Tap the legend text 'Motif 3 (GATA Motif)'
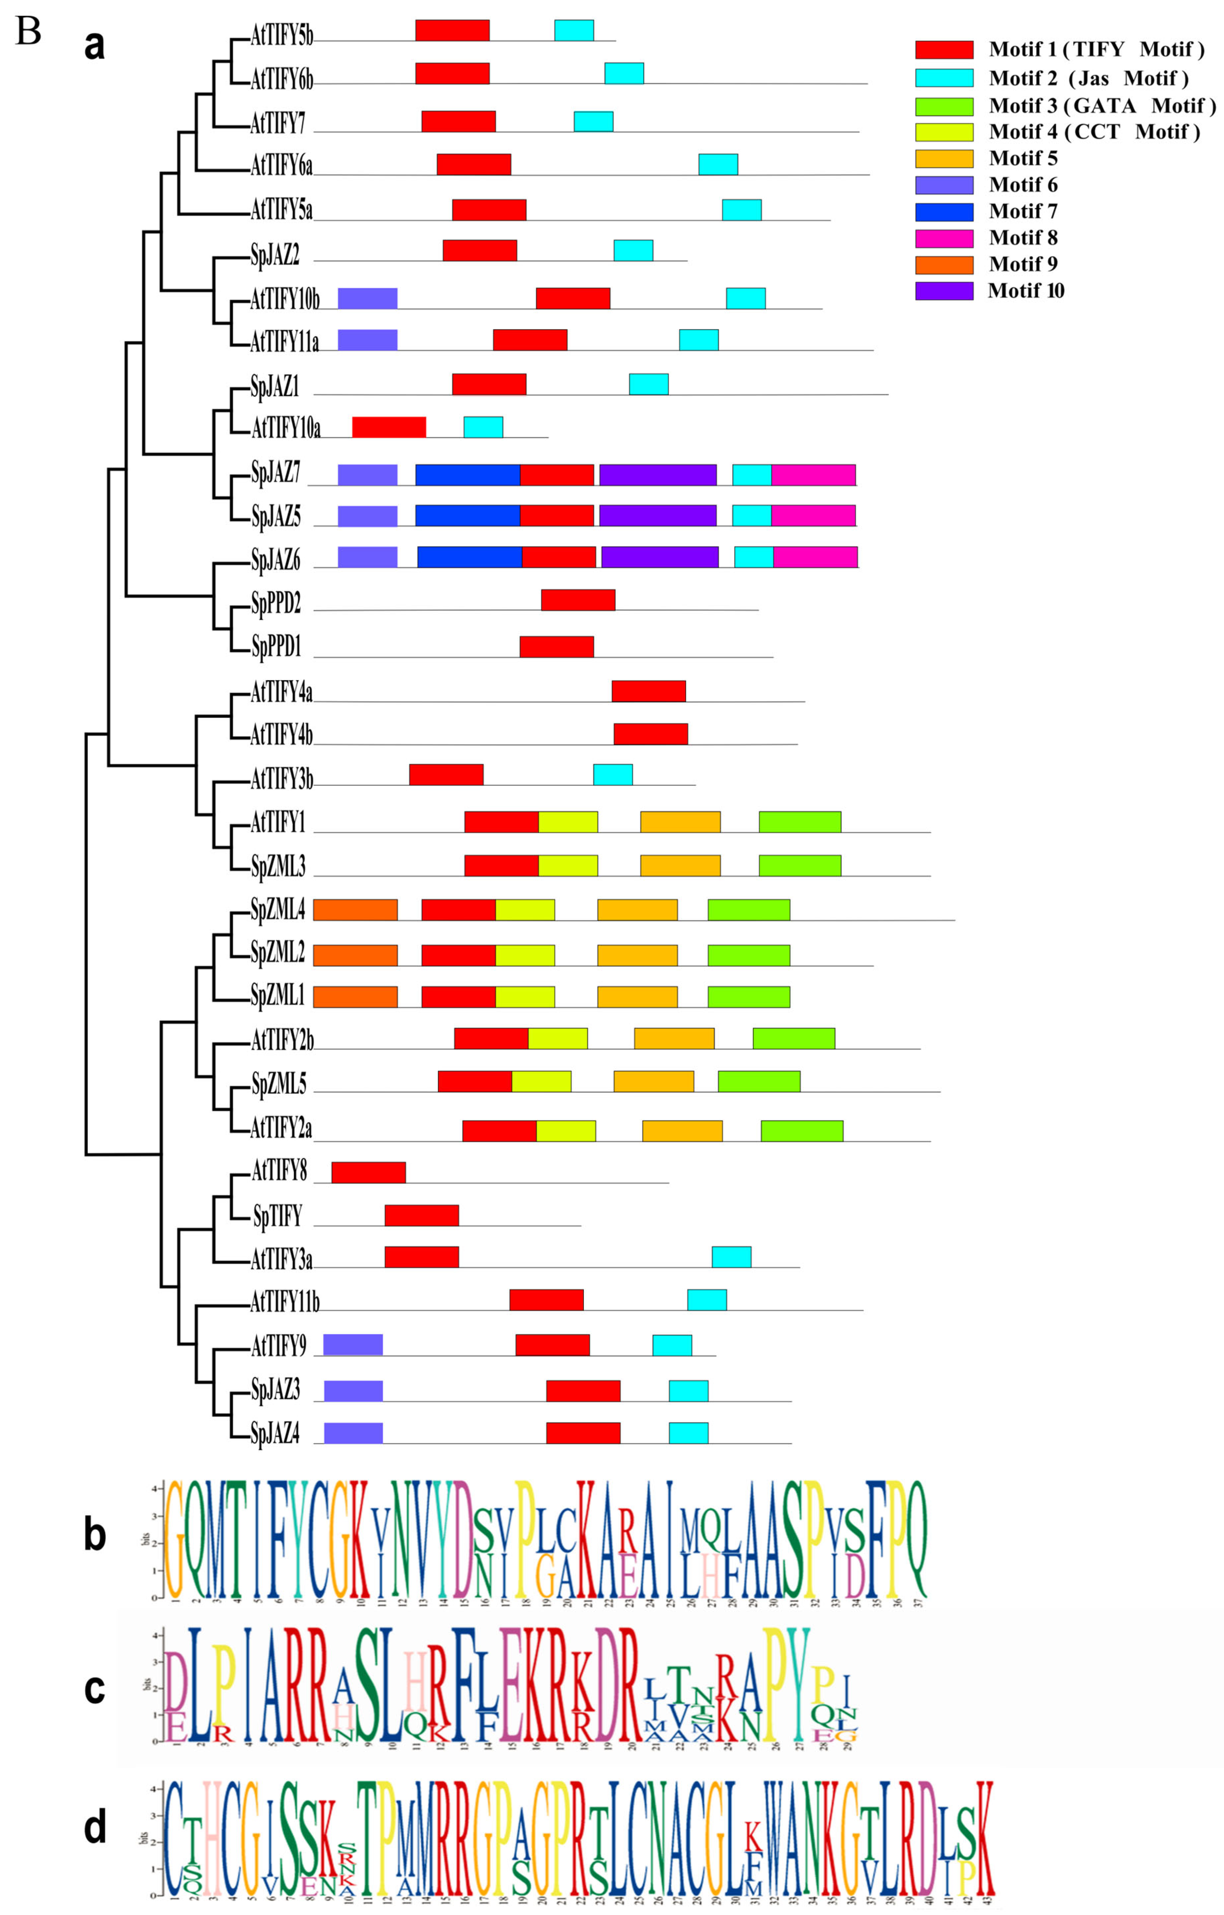click(1102, 105)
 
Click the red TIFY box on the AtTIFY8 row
click(368, 1172)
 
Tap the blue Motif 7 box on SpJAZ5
click(468, 515)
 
